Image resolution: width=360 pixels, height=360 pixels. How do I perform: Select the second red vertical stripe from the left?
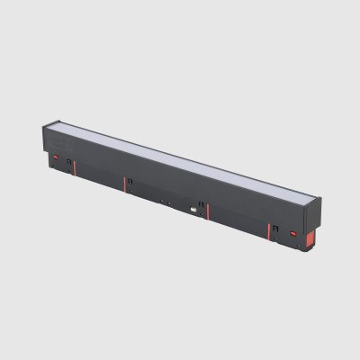click(x=124, y=184)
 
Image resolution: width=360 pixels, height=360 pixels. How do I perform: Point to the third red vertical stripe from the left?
click(x=208, y=212)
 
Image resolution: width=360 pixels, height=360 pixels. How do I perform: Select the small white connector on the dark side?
click(x=193, y=211)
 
